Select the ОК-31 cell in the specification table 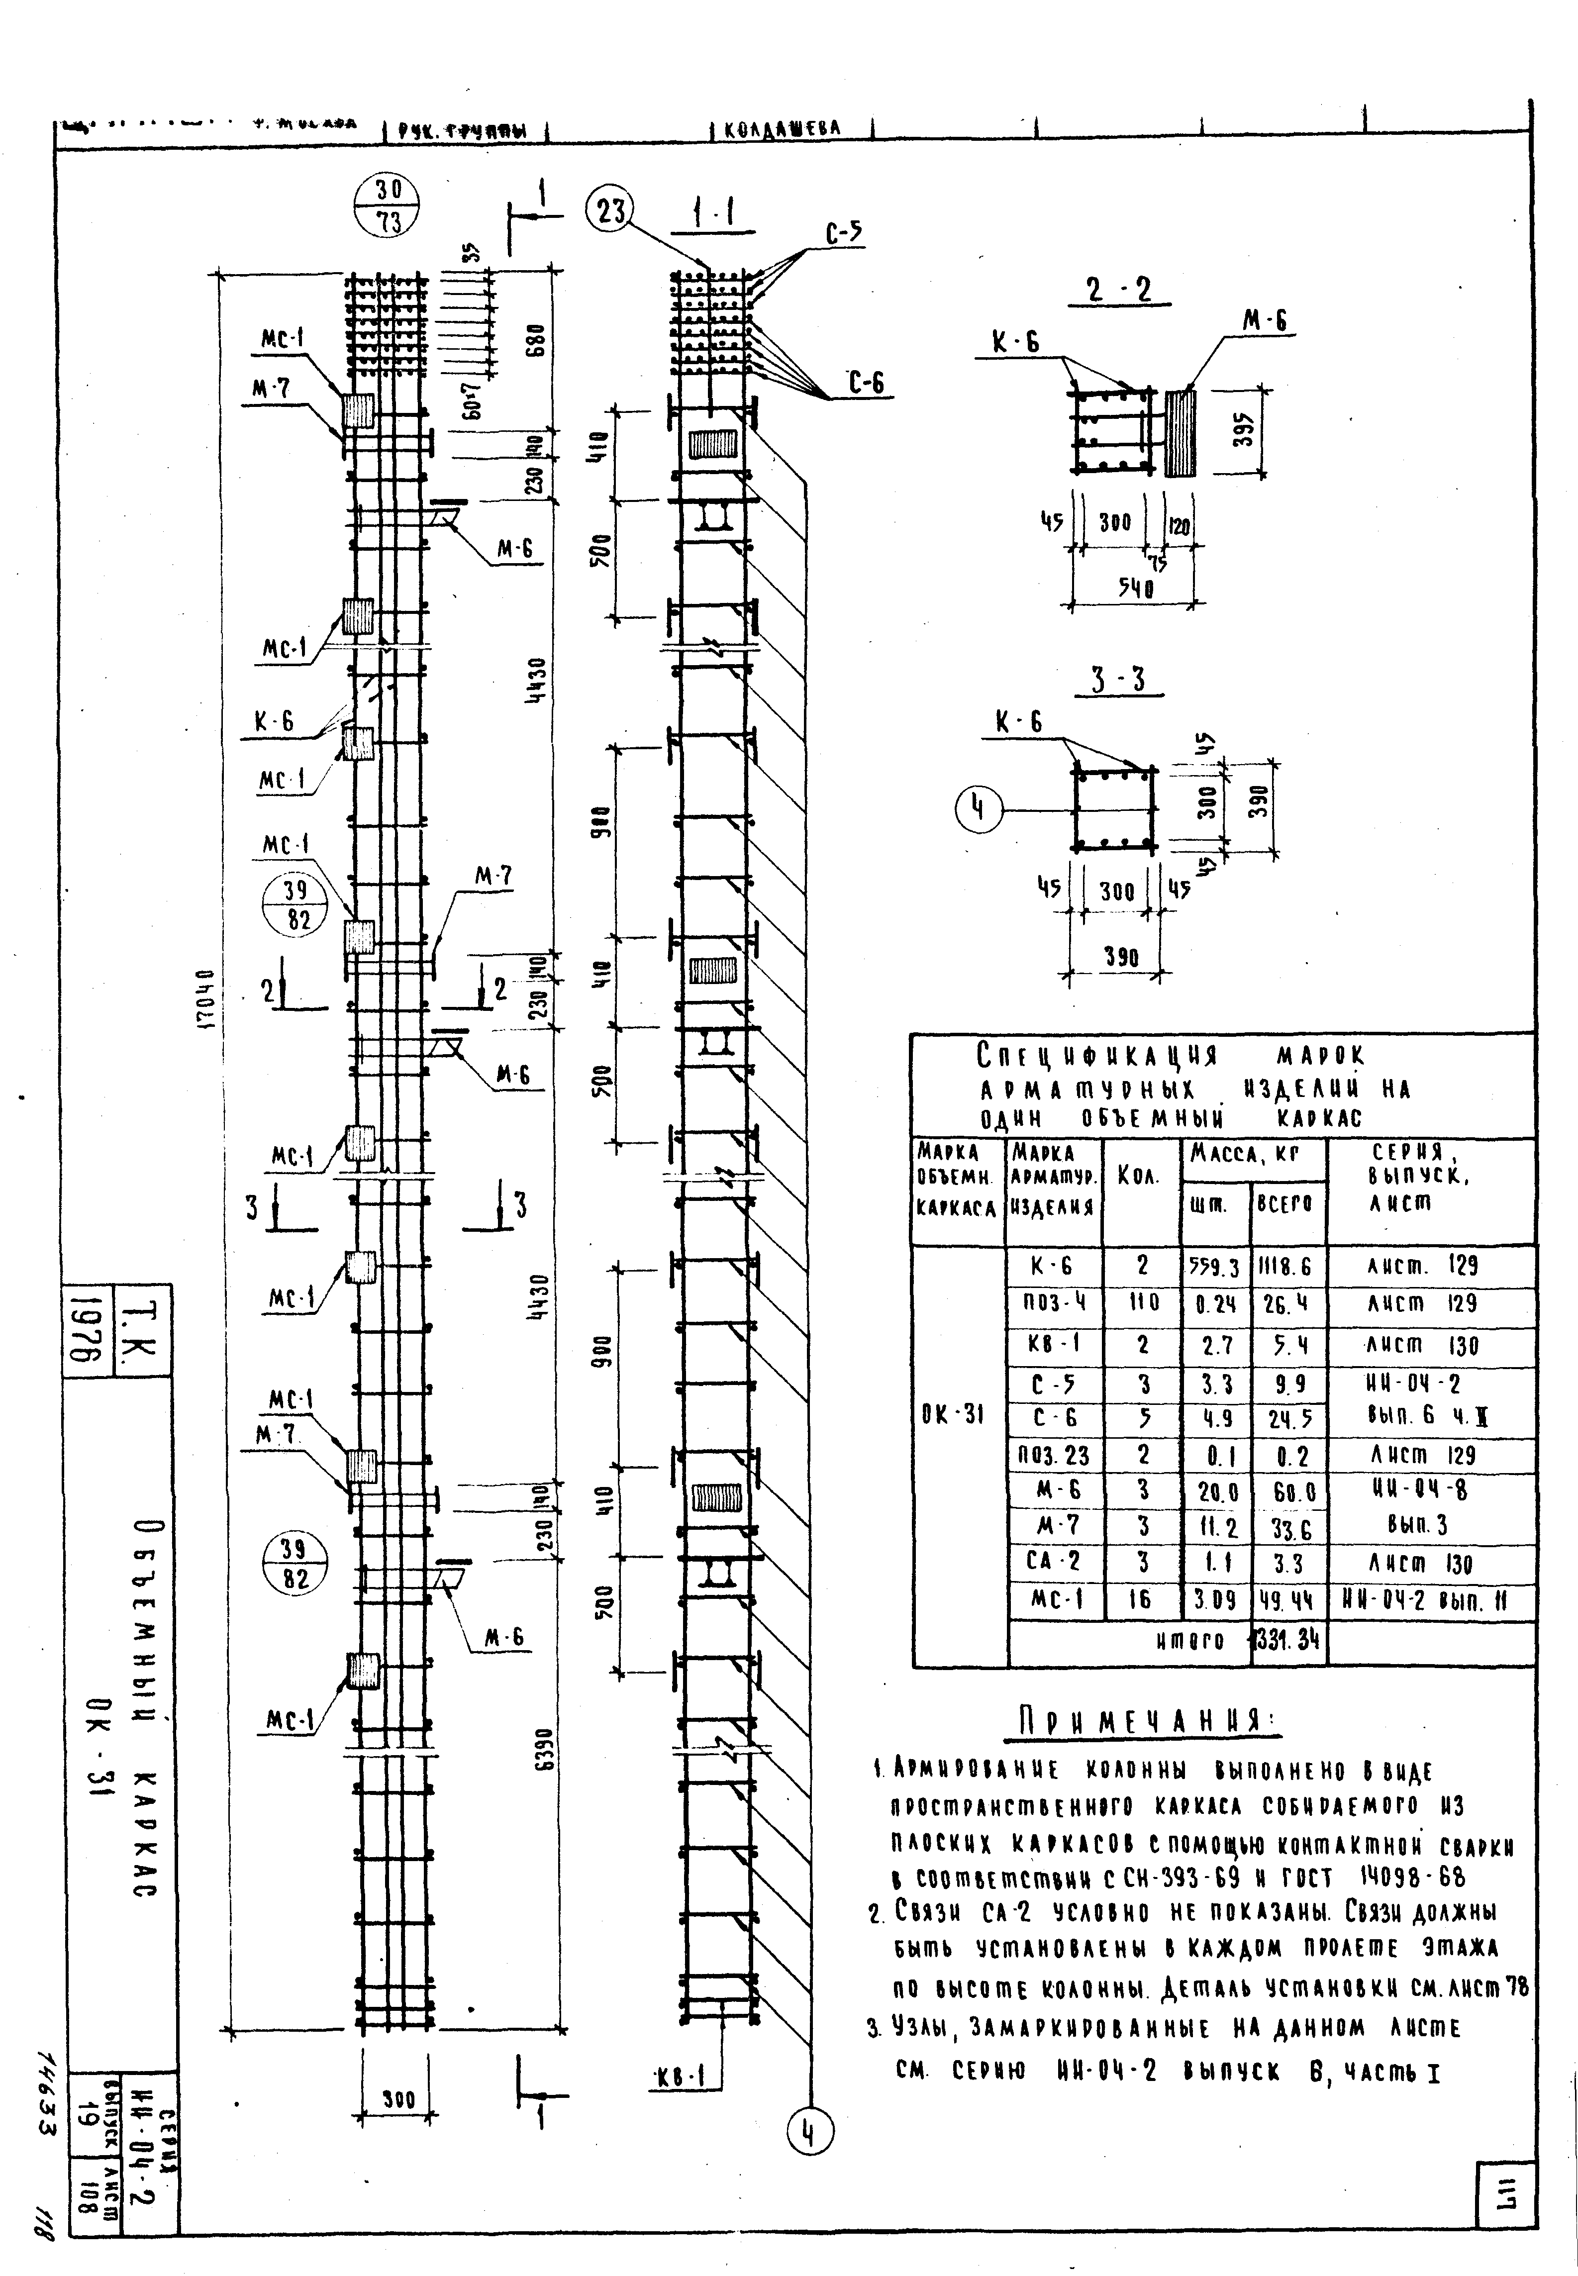[952, 1415]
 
